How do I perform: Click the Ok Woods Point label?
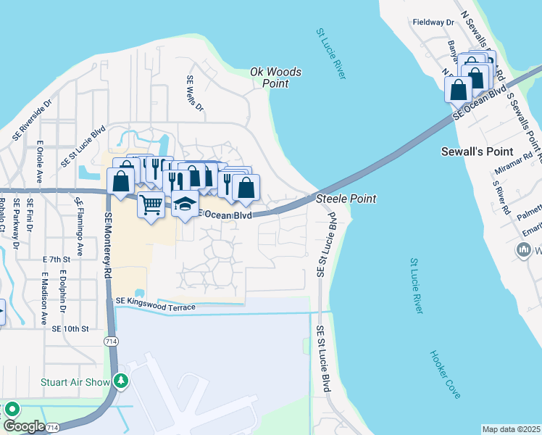tap(275, 78)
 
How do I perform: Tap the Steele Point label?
tap(346, 199)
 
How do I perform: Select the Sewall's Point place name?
tap(476, 152)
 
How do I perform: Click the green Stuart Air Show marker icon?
tap(122, 381)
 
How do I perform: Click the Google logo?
tap(24, 426)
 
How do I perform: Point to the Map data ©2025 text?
tap(511, 429)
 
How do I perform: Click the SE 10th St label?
tap(70, 328)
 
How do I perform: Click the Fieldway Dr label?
tap(433, 22)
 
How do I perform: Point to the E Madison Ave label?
tap(44, 298)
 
